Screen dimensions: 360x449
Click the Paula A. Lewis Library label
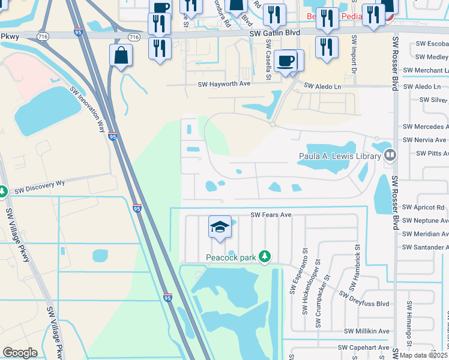click(340, 157)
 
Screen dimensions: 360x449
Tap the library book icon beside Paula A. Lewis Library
click(390, 156)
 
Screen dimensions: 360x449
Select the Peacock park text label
click(231, 257)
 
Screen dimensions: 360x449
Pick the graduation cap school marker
click(220, 227)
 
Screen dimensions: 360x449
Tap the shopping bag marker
click(121, 55)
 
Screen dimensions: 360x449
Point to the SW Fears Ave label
click(271, 215)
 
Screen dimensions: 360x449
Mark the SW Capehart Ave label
click(364, 347)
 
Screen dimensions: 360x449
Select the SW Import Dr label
click(354, 57)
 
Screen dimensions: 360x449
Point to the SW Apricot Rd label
click(424, 208)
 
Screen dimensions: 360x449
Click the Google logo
click(20, 353)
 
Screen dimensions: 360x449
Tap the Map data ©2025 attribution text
click(422, 355)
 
